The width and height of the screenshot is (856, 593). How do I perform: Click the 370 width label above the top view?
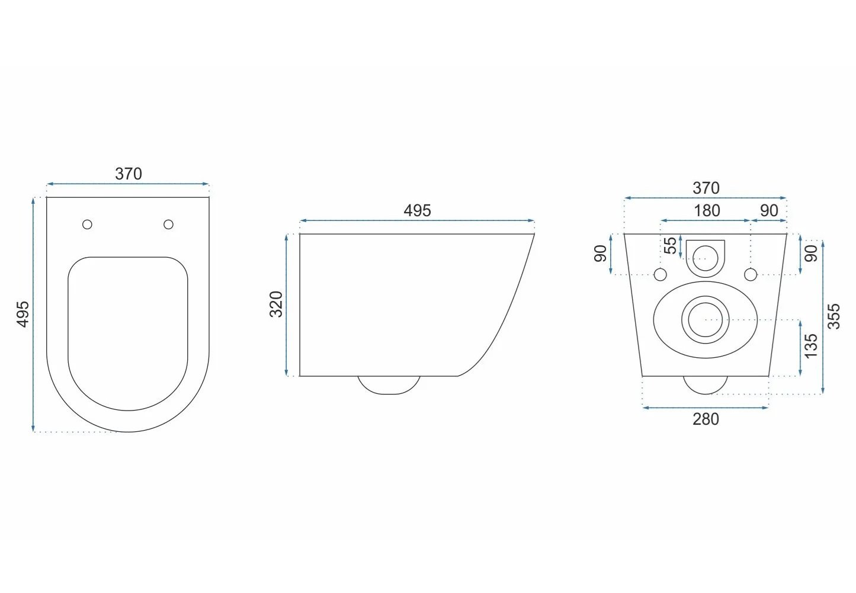(129, 174)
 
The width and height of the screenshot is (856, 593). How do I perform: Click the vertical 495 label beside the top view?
(23, 314)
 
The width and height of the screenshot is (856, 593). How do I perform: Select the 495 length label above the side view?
(417, 210)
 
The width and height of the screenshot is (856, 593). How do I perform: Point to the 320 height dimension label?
(276, 304)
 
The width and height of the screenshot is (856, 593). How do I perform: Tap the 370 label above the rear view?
(706, 188)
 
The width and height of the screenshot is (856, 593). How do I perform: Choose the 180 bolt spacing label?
(707, 210)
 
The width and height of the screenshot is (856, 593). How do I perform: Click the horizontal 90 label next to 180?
(769, 210)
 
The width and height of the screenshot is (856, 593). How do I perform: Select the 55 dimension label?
(671, 245)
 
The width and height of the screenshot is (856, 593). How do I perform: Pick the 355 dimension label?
(834, 316)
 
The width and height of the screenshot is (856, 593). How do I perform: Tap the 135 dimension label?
(810, 346)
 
